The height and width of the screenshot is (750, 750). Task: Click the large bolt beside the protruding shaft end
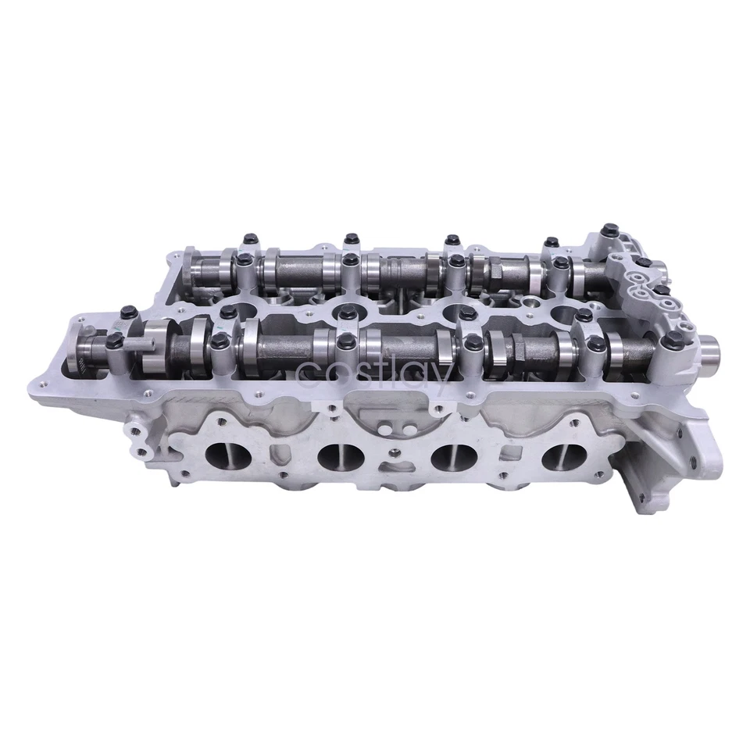click(x=672, y=338)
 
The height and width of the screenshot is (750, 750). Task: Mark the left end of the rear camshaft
click(x=195, y=270)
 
